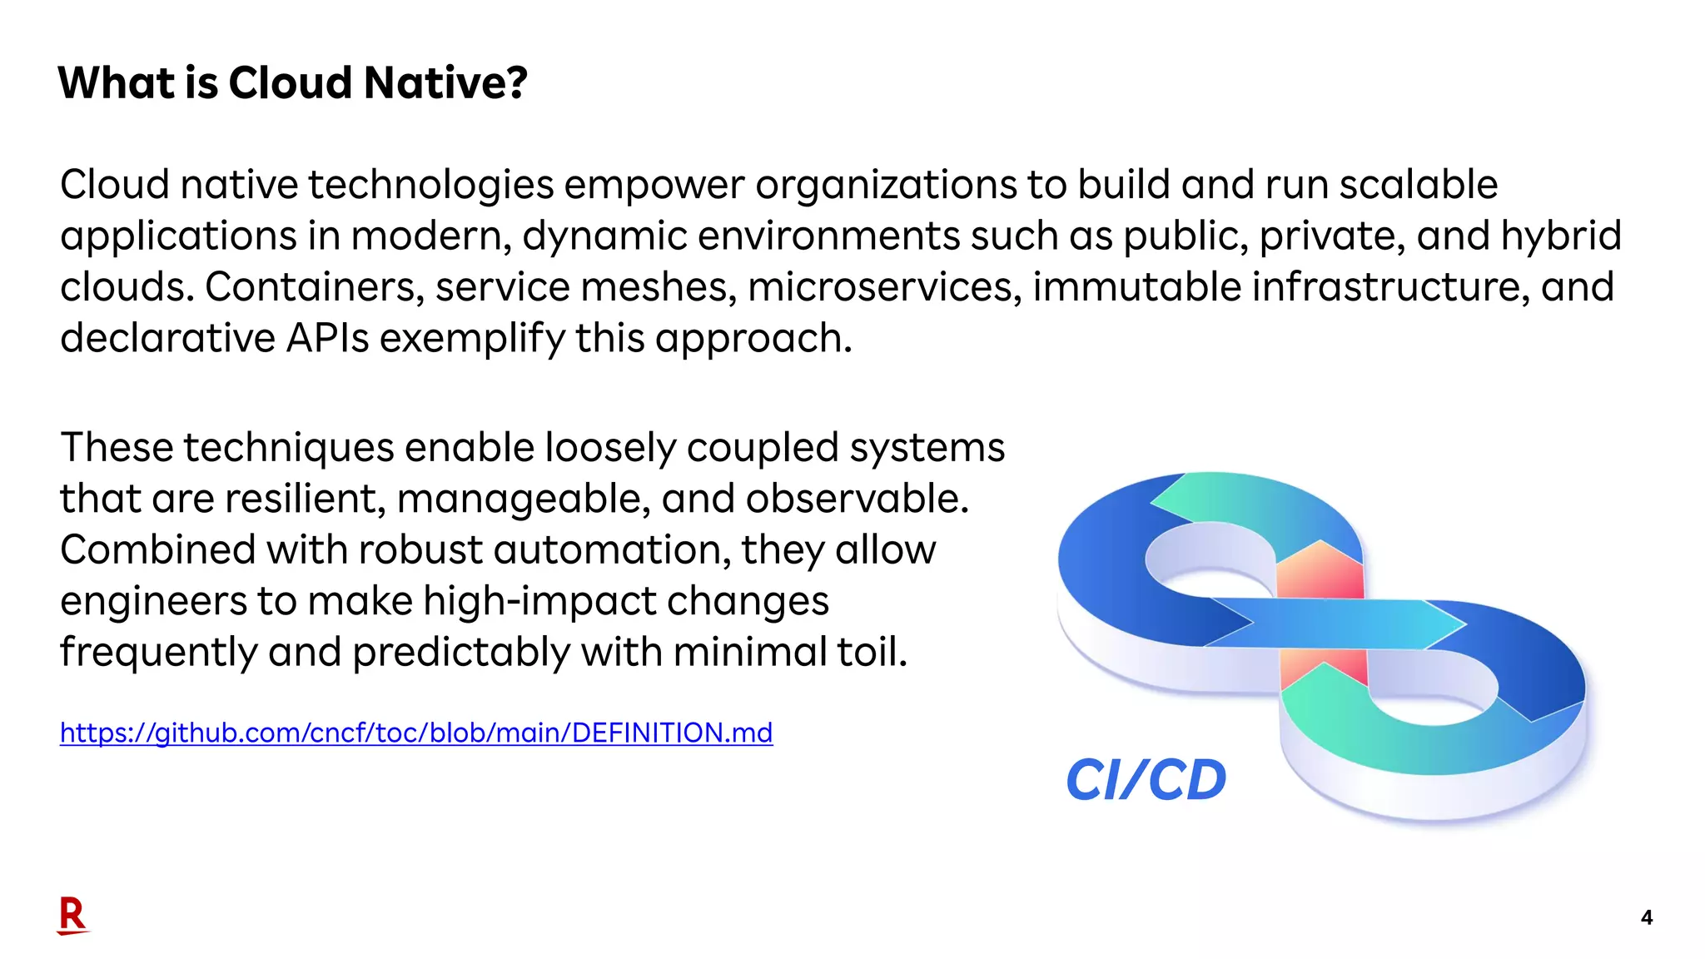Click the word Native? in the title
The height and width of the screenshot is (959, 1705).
tap(445, 82)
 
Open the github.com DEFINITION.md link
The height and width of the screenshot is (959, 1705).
tap(416, 733)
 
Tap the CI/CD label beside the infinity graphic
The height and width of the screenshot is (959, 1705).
tap(1146, 780)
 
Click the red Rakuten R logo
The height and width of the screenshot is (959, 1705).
tap(72, 916)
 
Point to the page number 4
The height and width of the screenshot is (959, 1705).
tap(1646, 917)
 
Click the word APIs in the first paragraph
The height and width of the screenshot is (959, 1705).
tap(327, 339)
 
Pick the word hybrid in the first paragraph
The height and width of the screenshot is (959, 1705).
tap(1561, 236)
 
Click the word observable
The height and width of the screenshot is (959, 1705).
tap(857, 499)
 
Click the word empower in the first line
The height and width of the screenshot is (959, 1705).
tap(654, 185)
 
